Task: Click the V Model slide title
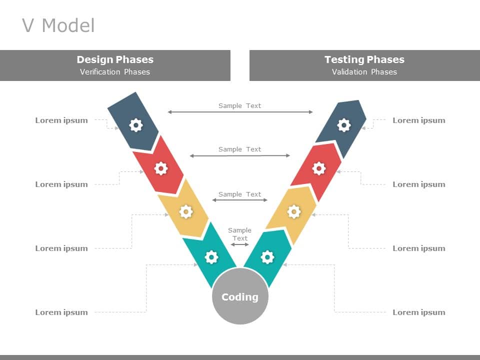(58, 25)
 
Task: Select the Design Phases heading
(115, 59)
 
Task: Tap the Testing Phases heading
(364, 59)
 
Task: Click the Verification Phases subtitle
(115, 72)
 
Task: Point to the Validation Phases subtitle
(364, 72)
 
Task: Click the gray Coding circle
(240, 296)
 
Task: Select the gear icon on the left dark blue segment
(136, 125)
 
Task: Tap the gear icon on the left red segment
(160, 168)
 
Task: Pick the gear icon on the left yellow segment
(186, 212)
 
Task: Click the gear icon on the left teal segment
(211, 257)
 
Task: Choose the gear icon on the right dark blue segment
(344, 125)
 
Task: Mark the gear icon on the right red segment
(319, 168)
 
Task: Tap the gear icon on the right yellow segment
(294, 212)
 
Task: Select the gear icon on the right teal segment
(268, 257)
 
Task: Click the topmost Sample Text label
(240, 105)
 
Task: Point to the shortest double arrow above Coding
(240, 244)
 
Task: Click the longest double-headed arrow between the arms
(240, 112)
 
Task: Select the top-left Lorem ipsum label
(61, 120)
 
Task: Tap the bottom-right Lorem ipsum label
(418, 312)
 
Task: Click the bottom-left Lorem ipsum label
(61, 312)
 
